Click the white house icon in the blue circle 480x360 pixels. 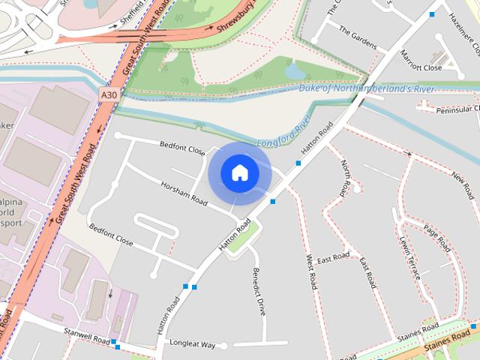point(239,172)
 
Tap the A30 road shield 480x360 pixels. point(109,95)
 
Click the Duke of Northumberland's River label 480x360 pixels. point(367,88)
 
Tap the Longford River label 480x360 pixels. point(283,132)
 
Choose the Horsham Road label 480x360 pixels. point(184,192)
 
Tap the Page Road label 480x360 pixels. point(436,238)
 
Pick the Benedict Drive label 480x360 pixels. point(259,291)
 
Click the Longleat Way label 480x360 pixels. point(193,345)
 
